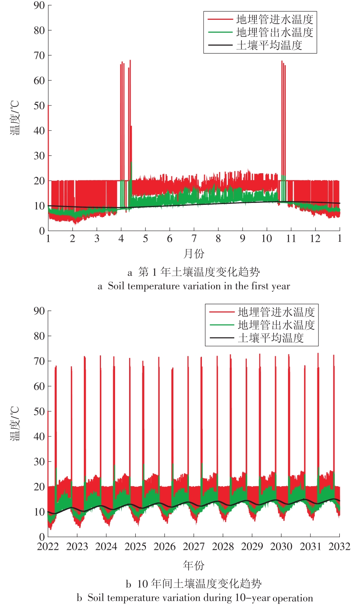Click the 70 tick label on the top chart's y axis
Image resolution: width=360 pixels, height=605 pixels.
(x=39, y=56)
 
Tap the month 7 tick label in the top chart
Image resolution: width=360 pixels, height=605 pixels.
(x=194, y=239)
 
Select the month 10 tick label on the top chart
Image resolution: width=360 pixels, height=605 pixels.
(x=266, y=239)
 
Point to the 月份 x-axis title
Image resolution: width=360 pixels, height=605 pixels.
(x=194, y=253)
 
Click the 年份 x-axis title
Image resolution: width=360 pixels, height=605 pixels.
(x=194, y=565)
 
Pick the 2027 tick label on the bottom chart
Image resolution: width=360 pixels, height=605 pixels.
(x=194, y=547)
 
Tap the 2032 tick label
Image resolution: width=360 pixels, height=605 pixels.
(x=339, y=547)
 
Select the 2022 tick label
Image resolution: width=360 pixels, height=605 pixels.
(x=48, y=547)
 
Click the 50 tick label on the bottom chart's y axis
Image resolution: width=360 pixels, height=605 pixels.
(x=39, y=412)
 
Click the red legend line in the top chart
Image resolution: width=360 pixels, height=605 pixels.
(x=220, y=19)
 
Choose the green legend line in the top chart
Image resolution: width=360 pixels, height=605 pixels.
(x=220, y=32)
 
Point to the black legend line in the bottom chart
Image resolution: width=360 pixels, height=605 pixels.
(x=222, y=338)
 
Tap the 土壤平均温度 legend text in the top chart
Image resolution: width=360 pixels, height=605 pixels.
(x=269, y=46)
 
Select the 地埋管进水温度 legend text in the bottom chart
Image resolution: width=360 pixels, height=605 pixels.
(x=276, y=312)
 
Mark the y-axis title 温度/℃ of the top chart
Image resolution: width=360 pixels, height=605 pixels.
(x=15, y=118)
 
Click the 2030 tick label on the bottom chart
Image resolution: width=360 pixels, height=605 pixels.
(x=281, y=547)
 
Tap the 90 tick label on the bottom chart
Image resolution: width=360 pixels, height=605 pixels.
(x=39, y=311)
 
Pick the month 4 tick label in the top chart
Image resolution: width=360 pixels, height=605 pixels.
(x=121, y=239)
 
